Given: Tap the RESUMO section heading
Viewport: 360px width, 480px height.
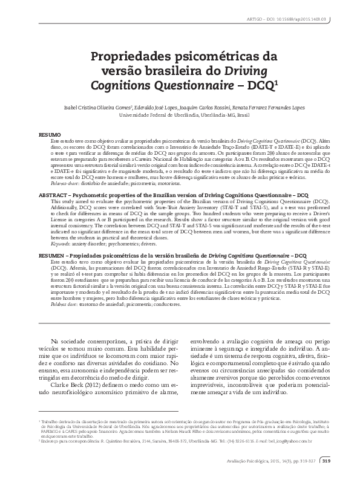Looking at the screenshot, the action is tap(49, 132).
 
